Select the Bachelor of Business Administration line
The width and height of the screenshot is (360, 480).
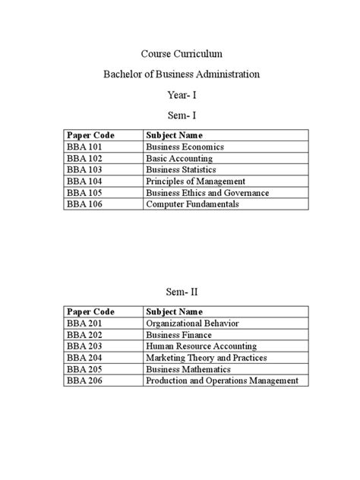coord(182,74)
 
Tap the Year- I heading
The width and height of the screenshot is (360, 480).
coord(182,96)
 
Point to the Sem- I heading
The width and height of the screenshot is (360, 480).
coord(182,116)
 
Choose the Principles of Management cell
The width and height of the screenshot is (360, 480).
coord(195,182)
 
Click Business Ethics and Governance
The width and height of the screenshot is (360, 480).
coord(207,193)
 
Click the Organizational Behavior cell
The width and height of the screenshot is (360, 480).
coord(192,323)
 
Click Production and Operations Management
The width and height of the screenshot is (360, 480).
coord(222,381)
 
